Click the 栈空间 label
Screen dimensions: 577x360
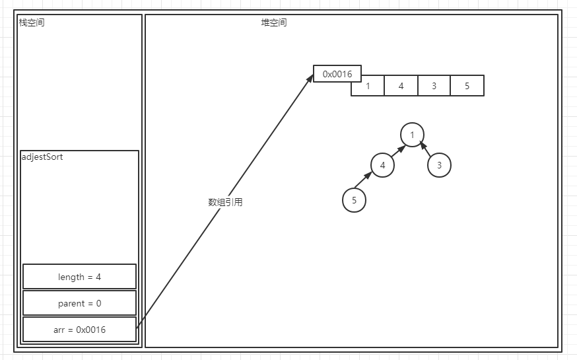(32, 23)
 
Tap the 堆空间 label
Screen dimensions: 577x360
(274, 23)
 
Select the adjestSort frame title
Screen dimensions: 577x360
(42, 157)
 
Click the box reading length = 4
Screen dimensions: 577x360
(79, 277)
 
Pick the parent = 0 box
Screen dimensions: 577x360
(79, 303)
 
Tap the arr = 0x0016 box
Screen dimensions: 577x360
(79, 330)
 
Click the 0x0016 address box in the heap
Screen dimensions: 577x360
(337, 74)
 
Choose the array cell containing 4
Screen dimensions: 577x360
(401, 86)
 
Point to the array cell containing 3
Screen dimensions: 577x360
(434, 86)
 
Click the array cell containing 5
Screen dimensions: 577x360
(467, 86)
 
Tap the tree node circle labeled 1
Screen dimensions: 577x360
(412, 135)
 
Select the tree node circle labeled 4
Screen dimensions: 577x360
(382, 165)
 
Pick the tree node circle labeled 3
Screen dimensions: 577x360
(439, 165)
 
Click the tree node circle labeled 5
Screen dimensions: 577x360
(354, 200)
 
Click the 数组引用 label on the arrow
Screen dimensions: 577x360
(225, 202)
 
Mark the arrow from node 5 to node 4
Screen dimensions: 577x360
(364, 181)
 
